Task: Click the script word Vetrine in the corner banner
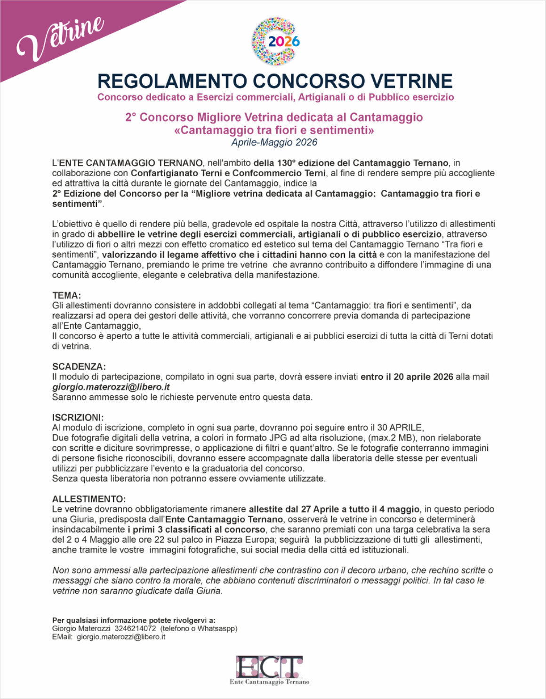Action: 60,40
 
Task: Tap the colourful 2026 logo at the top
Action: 276,41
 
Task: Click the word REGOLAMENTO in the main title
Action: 171,81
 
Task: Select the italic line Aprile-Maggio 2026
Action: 274,142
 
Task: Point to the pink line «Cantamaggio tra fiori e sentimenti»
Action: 274,130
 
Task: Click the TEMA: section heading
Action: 66,295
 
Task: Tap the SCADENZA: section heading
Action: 79,366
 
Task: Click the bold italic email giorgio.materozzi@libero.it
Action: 111,387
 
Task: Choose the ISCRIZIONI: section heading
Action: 78,417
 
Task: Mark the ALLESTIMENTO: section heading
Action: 89,499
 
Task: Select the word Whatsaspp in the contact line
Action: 216,628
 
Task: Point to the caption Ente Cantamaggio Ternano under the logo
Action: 269,682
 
